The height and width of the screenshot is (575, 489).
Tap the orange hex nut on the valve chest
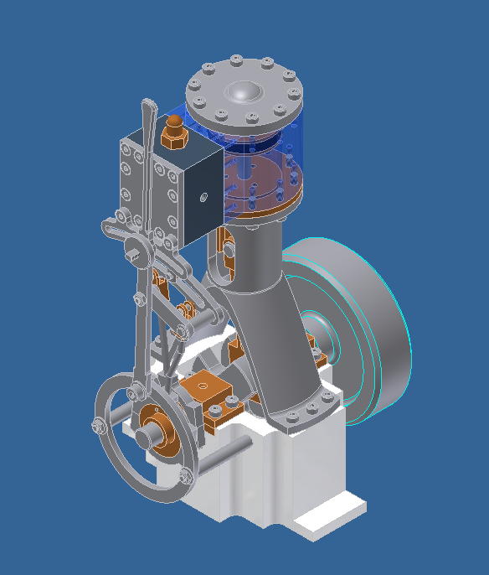pyautogui.click(x=174, y=133)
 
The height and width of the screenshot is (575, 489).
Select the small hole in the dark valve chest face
pyautogui.click(x=202, y=199)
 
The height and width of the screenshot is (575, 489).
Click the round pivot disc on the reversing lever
pyautogui.click(x=133, y=248)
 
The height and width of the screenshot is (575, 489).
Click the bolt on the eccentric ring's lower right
pyautogui.click(x=185, y=477)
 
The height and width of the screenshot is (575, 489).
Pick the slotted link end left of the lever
pyautogui.click(x=111, y=226)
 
